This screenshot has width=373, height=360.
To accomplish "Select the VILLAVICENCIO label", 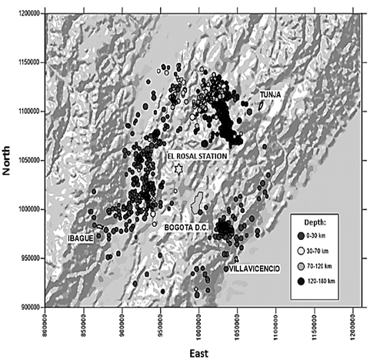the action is coord(252,268).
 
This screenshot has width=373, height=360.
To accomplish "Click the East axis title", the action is coord(202,352).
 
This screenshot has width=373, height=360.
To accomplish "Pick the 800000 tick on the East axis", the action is coord(47,324).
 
